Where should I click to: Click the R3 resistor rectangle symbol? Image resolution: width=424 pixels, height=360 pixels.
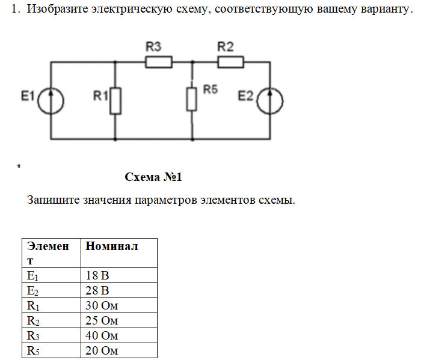[159, 62]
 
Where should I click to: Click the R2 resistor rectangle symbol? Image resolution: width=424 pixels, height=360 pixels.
[230, 62]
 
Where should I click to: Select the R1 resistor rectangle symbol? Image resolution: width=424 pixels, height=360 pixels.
[115, 100]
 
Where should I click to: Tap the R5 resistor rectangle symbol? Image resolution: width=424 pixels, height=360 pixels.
[192, 99]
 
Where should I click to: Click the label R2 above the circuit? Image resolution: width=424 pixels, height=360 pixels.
[226, 46]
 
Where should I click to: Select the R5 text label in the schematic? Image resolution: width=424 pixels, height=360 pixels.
[210, 89]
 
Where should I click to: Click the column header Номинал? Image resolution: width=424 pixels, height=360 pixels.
[112, 246]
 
